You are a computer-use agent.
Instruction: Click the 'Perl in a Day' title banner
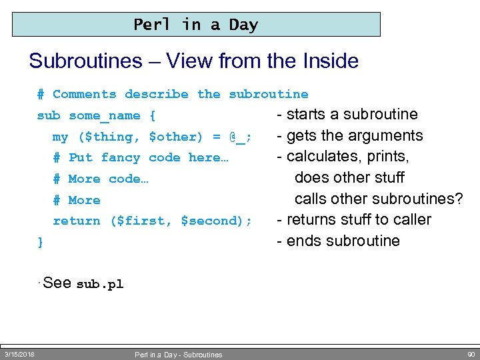click(x=196, y=25)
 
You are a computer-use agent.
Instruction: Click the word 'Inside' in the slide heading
click(x=327, y=61)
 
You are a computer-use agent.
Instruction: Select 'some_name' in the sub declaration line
click(x=104, y=116)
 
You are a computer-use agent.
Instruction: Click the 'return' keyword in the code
click(x=77, y=221)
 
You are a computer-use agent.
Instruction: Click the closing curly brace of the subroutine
click(x=41, y=242)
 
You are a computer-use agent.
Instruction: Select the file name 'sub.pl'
click(x=100, y=284)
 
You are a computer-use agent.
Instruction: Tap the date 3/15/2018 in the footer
click(x=19, y=353)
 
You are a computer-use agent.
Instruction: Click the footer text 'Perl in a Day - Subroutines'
click(x=178, y=355)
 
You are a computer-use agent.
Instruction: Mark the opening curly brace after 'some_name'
click(x=153, y=116)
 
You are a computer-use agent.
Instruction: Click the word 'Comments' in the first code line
click(x=84, y=95)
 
